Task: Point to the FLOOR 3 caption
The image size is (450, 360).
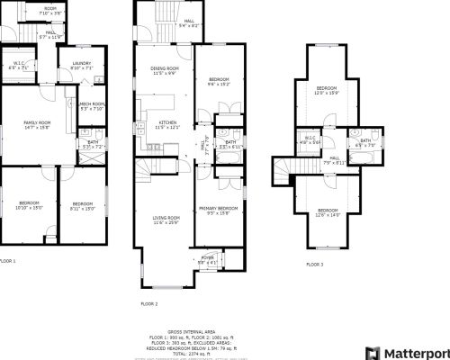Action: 313,265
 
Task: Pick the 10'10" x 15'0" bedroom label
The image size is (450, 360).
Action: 30,205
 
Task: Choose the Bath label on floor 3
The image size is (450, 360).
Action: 364,141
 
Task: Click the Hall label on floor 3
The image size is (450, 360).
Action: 333,159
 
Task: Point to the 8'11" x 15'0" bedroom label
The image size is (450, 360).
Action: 82,205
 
